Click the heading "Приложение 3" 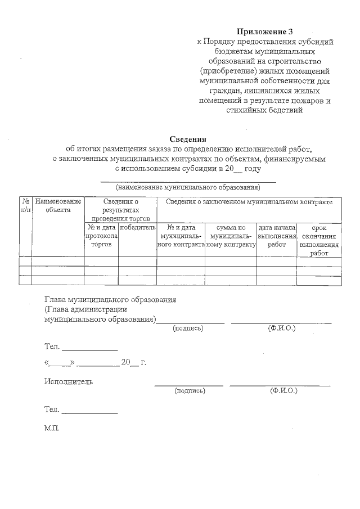coord(264,31)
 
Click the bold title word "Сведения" coord(188,139)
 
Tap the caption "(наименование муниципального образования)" coord(188,187)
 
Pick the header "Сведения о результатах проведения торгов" coord(120,209)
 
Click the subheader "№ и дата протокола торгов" coord(101,236)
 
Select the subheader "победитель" coord(137,228)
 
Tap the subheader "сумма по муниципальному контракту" coord(231,236)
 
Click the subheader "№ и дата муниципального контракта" coord(181,236)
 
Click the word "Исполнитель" coord(69,382)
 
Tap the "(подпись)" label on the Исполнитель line coord(190,390)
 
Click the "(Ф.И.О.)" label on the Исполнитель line coord(283,390)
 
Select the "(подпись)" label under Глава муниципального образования coord(188,328)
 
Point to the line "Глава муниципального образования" coord(110,299)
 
